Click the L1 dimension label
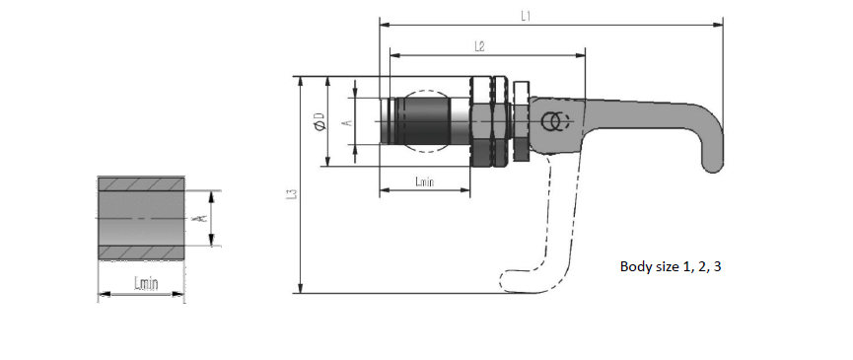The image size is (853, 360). click(x=525, y=17)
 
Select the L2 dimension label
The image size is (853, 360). click(x=479, y=46)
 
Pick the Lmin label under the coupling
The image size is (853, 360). click(x=424, y=181)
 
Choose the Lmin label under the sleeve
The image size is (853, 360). click(x=146, y=283)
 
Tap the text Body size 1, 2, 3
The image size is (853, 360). click(x=671, y=267)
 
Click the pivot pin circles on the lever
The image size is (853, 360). click(x=554, y=121)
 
